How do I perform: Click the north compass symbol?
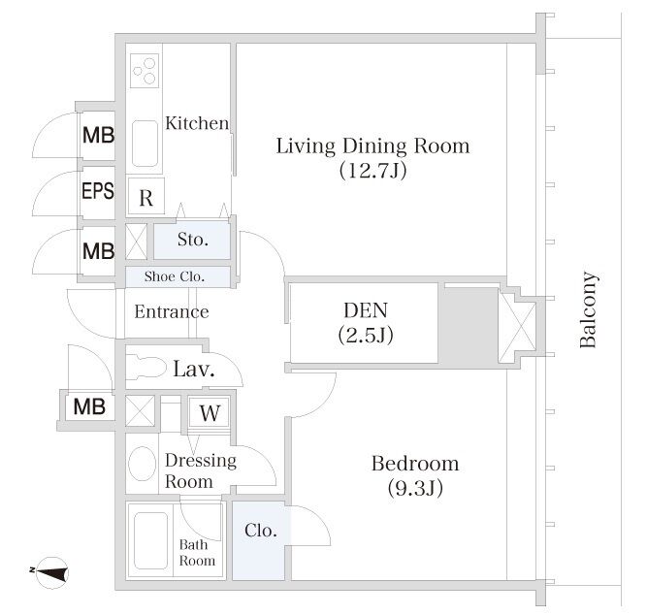[x=51, y=572]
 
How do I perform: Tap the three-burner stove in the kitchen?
[x=145, y=71]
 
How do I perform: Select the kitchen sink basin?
[x=145, y=144]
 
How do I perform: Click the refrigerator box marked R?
[x=146, y=196]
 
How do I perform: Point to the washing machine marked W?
[x=209, y=412]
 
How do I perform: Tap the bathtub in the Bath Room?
[x=151, y=540]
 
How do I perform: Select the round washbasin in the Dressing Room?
[x=142, y=464]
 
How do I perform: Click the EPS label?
[x=98, y=191]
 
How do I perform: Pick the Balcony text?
[x=588, y=309]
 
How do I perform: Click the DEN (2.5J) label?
[x=366, y=323]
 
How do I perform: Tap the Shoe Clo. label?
[x=175, y=276]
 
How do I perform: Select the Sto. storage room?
[x=192, y=241]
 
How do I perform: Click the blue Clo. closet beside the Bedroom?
[x=260, y=540]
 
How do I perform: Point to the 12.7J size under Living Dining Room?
[x=373, y=170]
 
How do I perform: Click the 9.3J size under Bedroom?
[x=415, y=488]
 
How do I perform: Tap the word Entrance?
[x=172, y=311]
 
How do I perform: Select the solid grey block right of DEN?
[x=468, y=325]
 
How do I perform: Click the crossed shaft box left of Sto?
[x=136, y=242]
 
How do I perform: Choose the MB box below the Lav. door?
[x=89, y=407]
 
